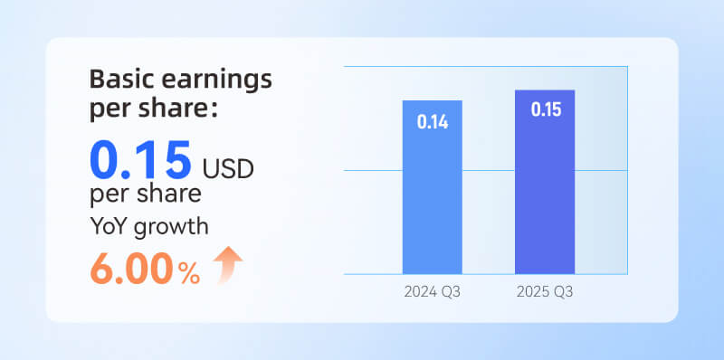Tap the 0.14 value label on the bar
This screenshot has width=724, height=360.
pyautogui.click(x=433, y=121)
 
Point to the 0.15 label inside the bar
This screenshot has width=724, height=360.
pyautogui.click(x=545, y=110)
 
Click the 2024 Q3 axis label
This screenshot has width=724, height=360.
pyautogui.click(x=433, y=291)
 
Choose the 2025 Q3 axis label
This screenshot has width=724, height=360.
pyautogui.click(x=545, y=291)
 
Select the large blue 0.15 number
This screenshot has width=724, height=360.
pyautogui.click(x=140, y=160)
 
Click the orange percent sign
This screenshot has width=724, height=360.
pyautogui.click(x=188, y=274)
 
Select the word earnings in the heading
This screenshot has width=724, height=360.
pyautogui.click(x=217, y=79)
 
